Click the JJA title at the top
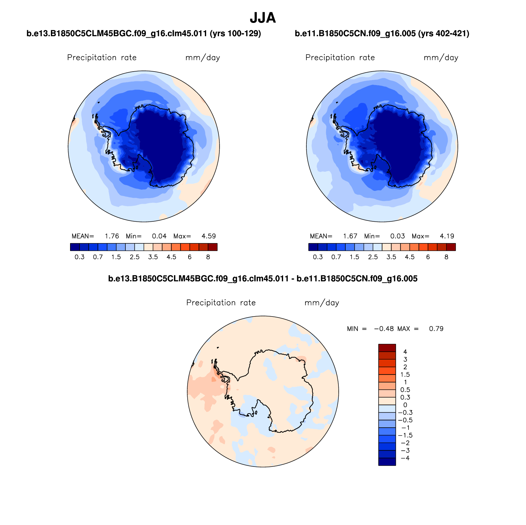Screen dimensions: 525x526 [263, 18]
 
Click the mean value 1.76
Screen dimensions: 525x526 [112, 236]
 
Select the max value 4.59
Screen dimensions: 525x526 [209, 236]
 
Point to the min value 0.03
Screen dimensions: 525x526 [397, 236]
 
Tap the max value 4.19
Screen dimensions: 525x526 [447, 236]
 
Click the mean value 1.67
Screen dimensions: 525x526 [350, 236]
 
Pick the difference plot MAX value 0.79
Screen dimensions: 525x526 [436, 329]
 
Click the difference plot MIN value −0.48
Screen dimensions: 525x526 [384, 329]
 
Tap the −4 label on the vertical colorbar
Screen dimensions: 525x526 [405, 458]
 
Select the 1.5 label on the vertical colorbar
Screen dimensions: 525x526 [405, 375]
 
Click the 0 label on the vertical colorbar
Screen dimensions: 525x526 [405, 405]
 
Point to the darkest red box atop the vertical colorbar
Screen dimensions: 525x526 [387, 348]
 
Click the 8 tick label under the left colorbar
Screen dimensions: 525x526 [208, 257]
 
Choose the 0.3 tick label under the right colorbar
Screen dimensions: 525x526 [318, 257]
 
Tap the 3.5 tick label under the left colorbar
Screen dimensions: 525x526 [153, 257]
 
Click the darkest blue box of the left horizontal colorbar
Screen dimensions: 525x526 [75, 247]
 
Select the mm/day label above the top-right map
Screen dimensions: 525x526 [441, 58]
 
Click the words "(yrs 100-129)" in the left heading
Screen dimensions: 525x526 [235, 34]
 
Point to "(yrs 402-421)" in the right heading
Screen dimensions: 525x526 [444, 34]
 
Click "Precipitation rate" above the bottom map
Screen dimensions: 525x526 [221, 303]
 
